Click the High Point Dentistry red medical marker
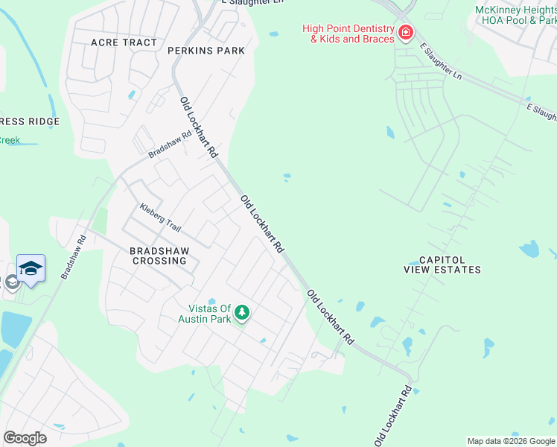405,32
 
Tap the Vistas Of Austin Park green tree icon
241,314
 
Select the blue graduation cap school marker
31,268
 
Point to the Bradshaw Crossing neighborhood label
159,256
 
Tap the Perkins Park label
206,51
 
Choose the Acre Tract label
124,42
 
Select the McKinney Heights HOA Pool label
516,15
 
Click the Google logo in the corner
25,438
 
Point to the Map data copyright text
511,441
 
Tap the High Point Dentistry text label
348,34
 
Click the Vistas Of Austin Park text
205,314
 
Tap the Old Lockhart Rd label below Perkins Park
198,127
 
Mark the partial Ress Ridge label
20,121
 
